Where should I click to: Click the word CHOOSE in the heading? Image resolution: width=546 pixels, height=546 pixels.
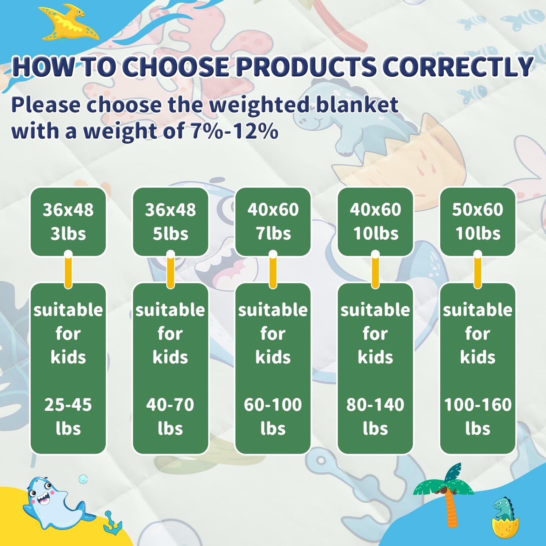point(175,67)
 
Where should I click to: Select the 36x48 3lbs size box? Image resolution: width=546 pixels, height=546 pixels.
point(68,221)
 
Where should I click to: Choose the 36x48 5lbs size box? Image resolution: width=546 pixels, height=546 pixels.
point(170,221)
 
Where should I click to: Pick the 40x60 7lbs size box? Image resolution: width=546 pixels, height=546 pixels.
point(273,221)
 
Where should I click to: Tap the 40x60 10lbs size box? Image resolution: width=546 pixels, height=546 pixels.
point(375,221)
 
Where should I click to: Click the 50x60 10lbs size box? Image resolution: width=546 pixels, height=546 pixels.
point(478,221)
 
